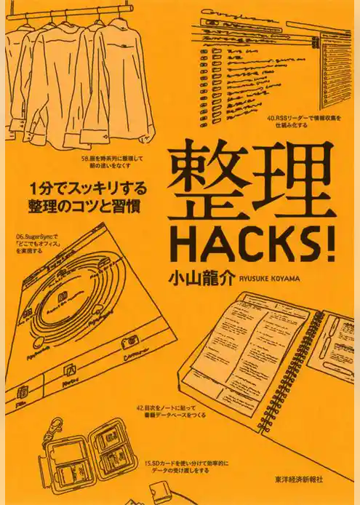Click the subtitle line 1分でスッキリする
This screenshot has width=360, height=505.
point(94,187)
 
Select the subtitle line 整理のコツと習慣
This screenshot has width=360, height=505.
point(94,204)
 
